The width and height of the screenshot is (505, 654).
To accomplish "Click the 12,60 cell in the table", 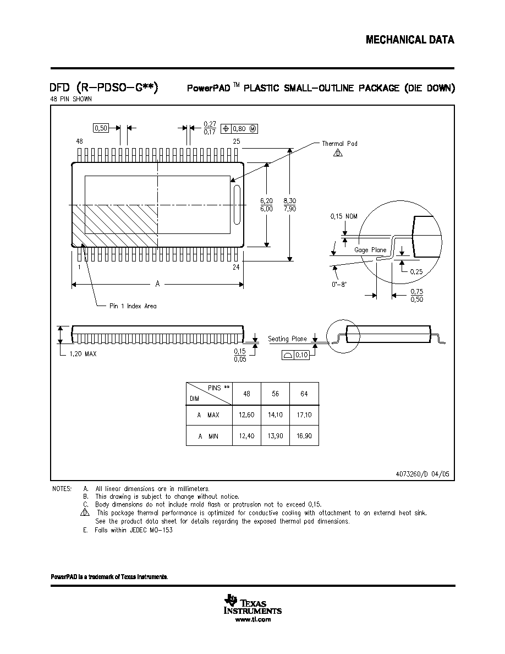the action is click(x=246, y=415).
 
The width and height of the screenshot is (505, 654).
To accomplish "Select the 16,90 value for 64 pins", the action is click(x=304, y=436).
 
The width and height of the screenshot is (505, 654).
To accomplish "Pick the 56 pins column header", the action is click(x=276, y=394).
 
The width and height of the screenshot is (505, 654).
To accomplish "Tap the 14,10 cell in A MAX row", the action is click(x=276, y=415).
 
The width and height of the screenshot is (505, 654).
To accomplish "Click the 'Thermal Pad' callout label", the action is click(x=339, y=144).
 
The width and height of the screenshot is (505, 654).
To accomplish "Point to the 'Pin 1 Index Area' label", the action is click(x=133, y=306).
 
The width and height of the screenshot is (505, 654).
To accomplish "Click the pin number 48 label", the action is click(x=80, y=141).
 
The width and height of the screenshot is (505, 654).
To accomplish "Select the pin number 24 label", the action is click(x=236, y=267).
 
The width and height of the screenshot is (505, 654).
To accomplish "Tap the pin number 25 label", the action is click(x=236, y=141).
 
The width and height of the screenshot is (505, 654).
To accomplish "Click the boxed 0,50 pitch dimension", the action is click(x=101, y=128).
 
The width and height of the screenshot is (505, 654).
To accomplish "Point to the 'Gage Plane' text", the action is click(x=370, y=250).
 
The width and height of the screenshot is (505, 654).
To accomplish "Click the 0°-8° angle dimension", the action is click(x=339, y=285).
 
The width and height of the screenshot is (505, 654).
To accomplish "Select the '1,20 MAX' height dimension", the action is click(x=83, y=353).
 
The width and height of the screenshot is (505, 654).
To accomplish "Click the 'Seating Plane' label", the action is click(x=288, y=339).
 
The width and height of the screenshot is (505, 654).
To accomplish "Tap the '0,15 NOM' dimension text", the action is click(x=344, y=216).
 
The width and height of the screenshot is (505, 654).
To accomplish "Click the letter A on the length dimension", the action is click(x=157, y=284).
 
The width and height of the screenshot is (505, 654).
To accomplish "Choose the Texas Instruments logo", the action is click(x=253, y=604).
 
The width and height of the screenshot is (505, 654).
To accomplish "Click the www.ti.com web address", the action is click(x=253, y=619).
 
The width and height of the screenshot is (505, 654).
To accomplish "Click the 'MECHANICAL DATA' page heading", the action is click(x=410, y=40).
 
